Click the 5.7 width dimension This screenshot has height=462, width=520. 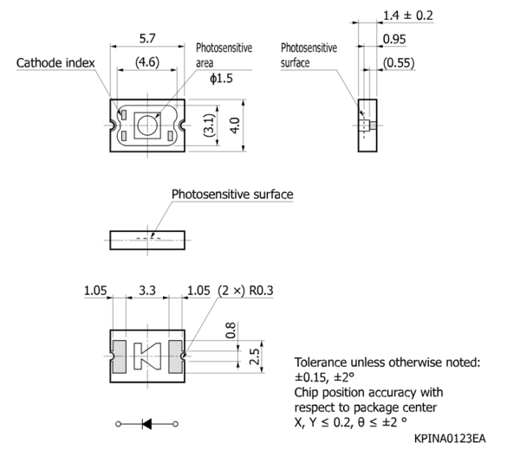147,39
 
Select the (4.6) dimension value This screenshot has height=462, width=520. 147,62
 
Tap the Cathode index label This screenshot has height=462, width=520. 55,63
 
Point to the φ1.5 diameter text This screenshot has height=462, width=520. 221,79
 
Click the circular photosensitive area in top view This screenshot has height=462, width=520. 147,125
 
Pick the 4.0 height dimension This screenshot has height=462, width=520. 235,125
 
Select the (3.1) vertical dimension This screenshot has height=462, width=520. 209,125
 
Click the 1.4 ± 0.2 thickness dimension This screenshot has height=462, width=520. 408,16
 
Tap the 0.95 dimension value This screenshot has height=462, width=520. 394,39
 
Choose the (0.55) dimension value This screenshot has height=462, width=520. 399,63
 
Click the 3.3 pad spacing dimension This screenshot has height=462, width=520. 147,291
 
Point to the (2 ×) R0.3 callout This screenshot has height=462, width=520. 245,291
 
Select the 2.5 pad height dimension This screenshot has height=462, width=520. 254,356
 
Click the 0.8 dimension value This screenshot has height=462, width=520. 231,330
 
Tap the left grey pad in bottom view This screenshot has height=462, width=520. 120,356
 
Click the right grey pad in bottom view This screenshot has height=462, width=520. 175,356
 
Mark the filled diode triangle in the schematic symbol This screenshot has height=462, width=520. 147,424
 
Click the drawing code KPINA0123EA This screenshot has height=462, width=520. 450,439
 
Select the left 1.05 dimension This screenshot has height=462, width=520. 95,291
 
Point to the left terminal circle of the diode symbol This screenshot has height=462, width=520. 119,424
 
